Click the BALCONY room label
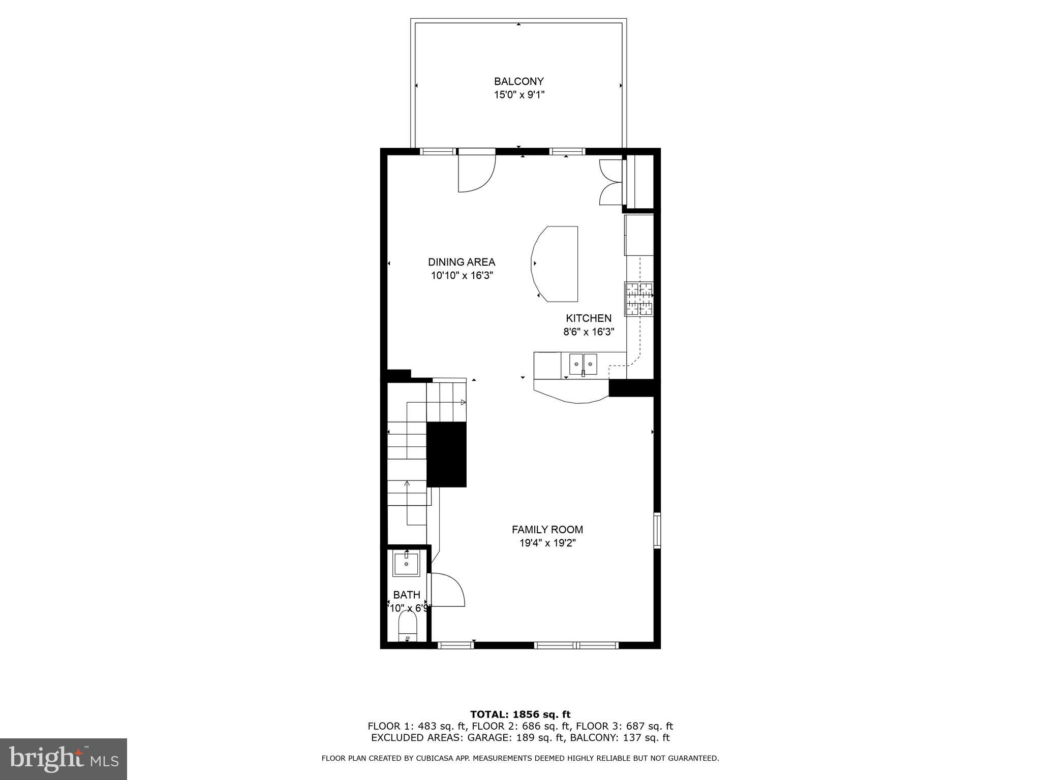pyautogui.click(x=518, y=81)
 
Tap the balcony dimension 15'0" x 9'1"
pyautogui.click(x=518, y=95)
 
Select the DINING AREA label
pyautogui.click(x=461, y=262)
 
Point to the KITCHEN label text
pyautogui.click(x=588, y=318)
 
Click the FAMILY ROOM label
pyautogui.click(x=547, y=530)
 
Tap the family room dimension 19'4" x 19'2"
pyautogui.click(x=547, y=543)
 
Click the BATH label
pyautogui.click(x=406, y=595)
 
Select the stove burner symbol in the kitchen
pyautogui.click(x=639, y=299)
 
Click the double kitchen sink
pyautogui.click(x=583, y=364)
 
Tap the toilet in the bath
pyautogui.click(x=407, y=628)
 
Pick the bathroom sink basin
pyautogui.click(x=406, y=565)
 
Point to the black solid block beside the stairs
pyautogui.click(x=446, y=454)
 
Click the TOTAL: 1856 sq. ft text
pyautogui.click(x=520, y=714)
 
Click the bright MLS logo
pyautogui.click(x=64, y=759)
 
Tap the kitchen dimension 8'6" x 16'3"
pyautogui.click(x=588, y=332)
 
